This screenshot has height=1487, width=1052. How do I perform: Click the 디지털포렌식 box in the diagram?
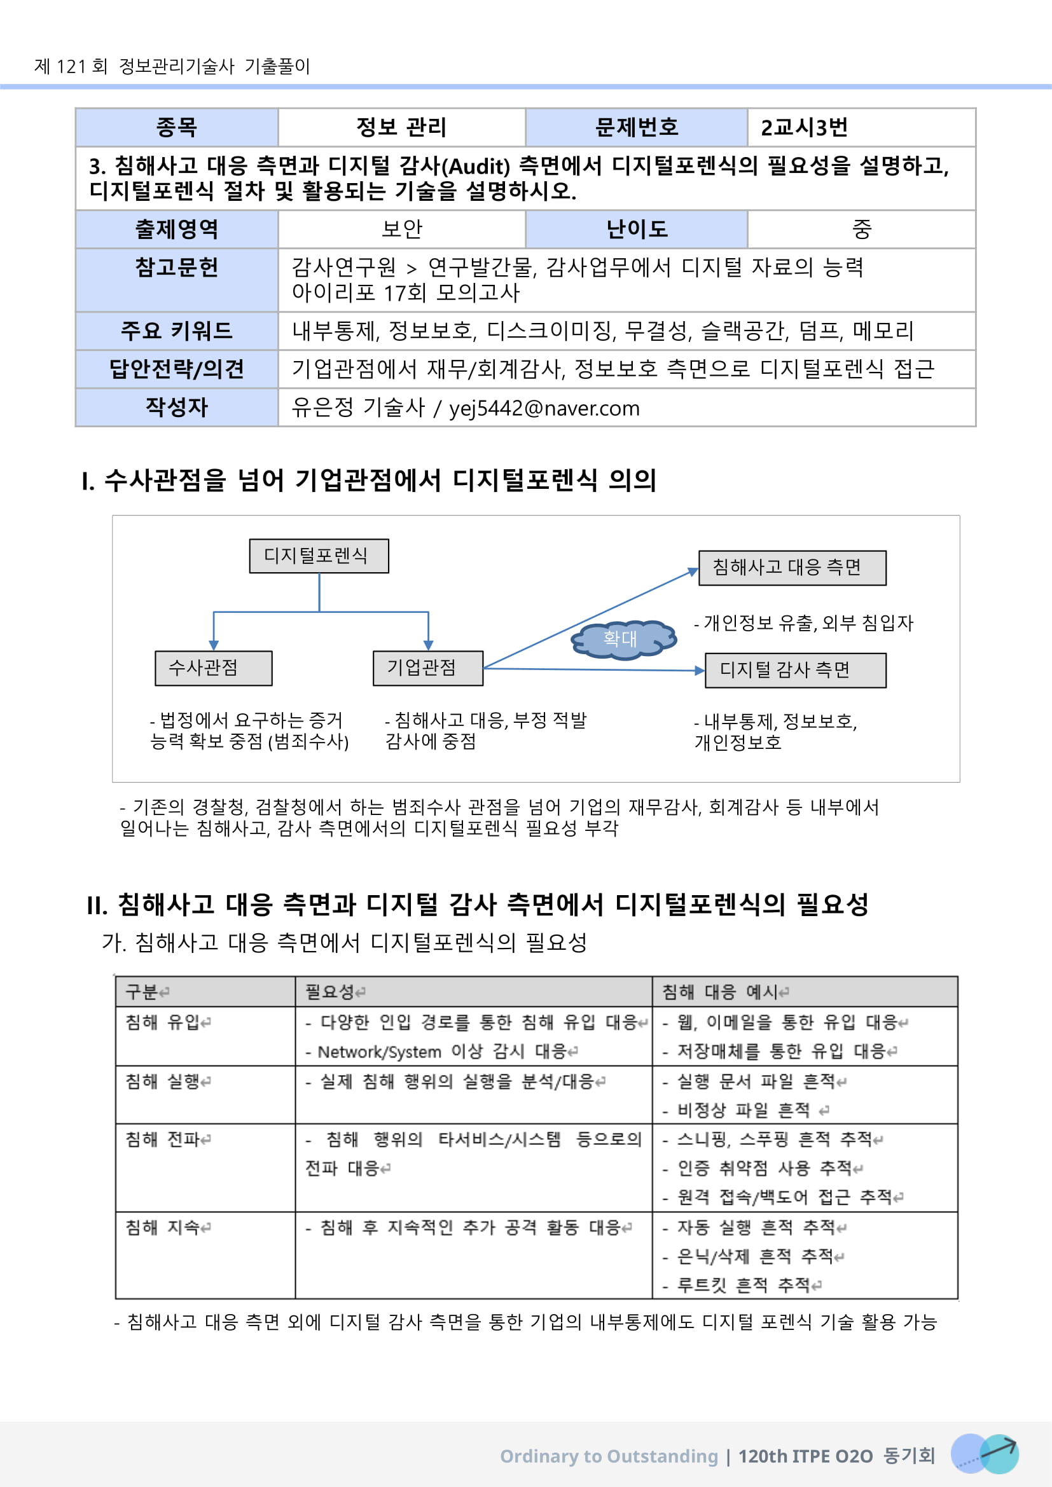pyautogui.click(x=319, y=556)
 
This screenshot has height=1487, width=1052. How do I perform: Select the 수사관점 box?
pyautogui.click(x=213, y=668)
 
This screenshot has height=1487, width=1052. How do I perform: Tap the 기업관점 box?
pyautogui.click(x=427, y=668)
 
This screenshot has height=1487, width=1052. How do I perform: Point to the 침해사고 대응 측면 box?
pyautogui.click(x=792, y=567)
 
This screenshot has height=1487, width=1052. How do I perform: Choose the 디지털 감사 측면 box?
pyautogui.click(x=794, y=669)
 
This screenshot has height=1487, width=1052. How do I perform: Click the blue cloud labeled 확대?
pyautogui.click(x=622, y=639)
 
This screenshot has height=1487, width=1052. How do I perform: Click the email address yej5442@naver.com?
pyautogui.click(x=544, y=408)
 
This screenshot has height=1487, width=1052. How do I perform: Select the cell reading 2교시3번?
pyautogui.click(x=804, y=128)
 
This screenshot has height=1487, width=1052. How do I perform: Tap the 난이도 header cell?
pyautogui.click(x=636, y=230)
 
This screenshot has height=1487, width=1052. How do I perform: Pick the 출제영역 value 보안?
pyautogui.click(x=401, y=230)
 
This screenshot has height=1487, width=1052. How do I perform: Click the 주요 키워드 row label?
pyautogui.click(x=176, y=331)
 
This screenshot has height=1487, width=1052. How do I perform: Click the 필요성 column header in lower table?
pyautogui.click(x=330, y=992)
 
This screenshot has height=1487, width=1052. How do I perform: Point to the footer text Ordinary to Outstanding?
pyautogui.click(x=609, y=1456)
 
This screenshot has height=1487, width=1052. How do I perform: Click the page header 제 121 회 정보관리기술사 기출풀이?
pyautogui.click(x=172, y=66)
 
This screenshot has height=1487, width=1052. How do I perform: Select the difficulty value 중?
pyautogui.click(x=861, y=230)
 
